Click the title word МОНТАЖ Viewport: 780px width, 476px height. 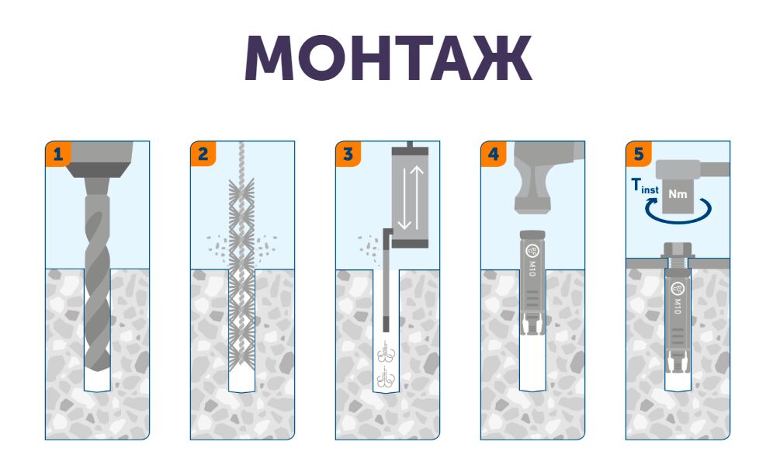pos(389,57)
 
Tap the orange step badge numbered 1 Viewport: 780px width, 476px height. pos(58,154)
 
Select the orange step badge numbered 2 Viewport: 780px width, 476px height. pos(203,154)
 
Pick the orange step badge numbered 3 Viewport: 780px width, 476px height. pos(348,154)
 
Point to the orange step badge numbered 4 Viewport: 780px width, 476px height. pos(494,154)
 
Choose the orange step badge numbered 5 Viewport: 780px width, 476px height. pos(639,154)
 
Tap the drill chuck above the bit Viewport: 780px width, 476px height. pos(99,159)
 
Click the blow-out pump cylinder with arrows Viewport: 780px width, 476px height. pos(411,197)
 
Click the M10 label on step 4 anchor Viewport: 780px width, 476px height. pos(532,269)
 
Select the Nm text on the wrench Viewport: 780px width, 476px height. pos(678,193)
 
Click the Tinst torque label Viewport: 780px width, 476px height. pos(645,186)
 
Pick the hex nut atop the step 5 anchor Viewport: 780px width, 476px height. pos(678,250)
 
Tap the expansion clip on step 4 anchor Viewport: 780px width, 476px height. pos(532,325)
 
